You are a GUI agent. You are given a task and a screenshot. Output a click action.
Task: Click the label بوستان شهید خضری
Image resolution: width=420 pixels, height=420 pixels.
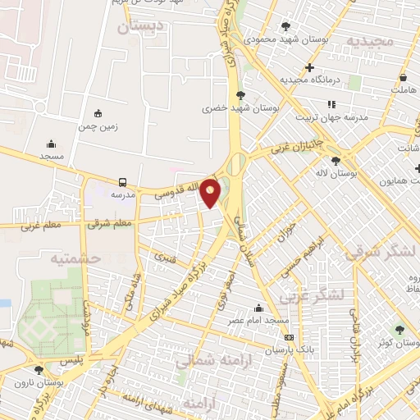(240, 107)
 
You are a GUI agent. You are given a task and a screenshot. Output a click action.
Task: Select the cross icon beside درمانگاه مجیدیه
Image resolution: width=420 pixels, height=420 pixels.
(309, 67)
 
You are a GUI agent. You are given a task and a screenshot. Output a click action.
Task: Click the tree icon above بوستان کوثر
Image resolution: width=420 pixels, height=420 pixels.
(400, 330)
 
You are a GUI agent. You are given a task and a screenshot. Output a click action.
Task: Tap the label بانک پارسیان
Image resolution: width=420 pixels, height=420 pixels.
(289, 349)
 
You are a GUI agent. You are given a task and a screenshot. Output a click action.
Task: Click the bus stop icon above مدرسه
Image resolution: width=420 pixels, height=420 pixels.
(122, 182)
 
